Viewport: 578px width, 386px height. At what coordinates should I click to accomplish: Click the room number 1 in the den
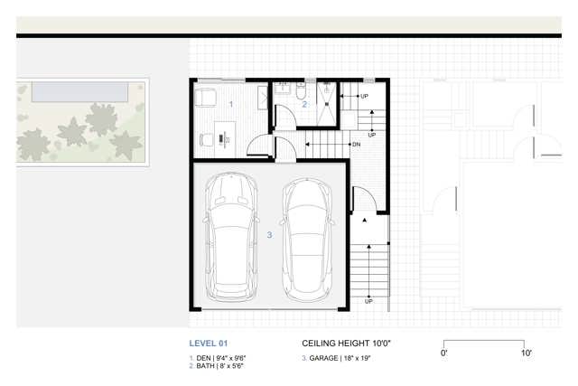point(231,105)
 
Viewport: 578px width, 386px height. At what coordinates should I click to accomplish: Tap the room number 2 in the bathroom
point(304,105)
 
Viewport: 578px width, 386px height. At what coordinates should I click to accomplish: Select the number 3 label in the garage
point(269,235)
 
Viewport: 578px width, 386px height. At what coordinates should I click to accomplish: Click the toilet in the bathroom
point(301,90)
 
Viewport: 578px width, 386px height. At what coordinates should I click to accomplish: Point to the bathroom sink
point(283,88)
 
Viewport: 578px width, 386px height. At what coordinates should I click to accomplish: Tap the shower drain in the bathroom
point(327,104)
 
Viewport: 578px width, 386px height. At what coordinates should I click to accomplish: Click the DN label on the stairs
point(357,145)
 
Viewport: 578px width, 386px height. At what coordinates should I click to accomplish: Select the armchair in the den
point(205,98)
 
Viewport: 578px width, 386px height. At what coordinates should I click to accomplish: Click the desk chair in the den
point(207,139)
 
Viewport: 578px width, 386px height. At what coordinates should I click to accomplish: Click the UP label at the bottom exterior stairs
point(368,302)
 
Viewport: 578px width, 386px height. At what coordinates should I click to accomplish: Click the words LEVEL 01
point(209,344)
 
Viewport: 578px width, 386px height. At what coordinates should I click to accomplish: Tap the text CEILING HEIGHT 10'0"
point(346,344)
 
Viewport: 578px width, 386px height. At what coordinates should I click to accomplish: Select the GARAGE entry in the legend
point(336,358)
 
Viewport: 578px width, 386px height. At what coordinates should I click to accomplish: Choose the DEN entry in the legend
point(218,358)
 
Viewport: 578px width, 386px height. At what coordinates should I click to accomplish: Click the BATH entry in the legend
point(217,366)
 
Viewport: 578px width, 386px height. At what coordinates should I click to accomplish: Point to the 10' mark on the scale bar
point(526,353)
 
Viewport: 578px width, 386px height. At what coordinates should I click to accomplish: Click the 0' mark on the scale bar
point(443,353)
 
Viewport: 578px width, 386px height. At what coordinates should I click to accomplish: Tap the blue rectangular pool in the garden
point(80,92)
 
